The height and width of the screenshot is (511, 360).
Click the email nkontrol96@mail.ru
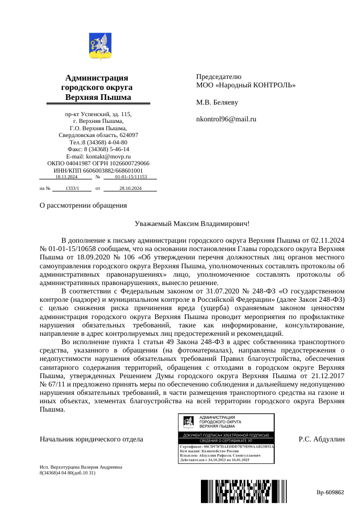pos(226,119)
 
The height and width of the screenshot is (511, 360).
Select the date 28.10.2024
pos(130,188)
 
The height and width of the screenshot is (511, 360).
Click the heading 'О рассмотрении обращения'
pos(83,205)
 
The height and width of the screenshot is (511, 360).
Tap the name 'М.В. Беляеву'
pos(217,102)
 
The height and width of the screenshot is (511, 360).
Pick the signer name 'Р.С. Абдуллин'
pos(322,439)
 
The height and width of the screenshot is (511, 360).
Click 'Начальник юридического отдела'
pos(92,439)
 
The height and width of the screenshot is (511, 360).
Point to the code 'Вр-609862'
pos(330,492)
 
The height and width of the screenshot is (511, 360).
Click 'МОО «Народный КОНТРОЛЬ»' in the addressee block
pos(245,85)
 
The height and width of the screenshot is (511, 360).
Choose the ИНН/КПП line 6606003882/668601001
pos(98,171)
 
